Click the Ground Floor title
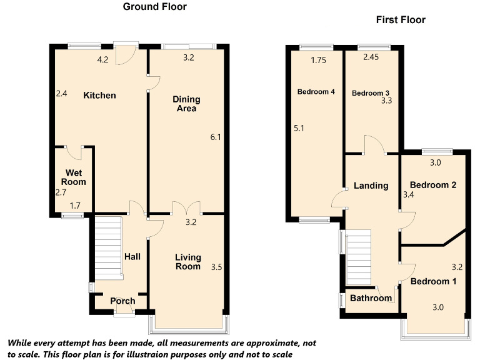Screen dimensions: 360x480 point(154,7)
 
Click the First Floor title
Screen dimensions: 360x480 point(401,20)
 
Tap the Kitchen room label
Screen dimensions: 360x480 point(100,96)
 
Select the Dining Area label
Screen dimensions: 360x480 point(186,104)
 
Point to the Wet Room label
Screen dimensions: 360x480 point(73,177)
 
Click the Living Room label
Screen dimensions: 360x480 point(187,262)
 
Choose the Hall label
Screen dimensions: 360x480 point(132,256)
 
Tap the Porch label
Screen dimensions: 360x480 point(122,301)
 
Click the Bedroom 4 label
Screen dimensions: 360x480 point(316,92)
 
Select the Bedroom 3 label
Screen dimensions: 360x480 point(370,93)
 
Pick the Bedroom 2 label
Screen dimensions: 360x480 point(433,185)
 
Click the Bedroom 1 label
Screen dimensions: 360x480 point(433,282)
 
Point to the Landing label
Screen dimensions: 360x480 point(371,186)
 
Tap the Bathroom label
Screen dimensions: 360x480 point(371,298)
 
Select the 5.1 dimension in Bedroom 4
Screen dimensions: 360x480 point(299,128)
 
